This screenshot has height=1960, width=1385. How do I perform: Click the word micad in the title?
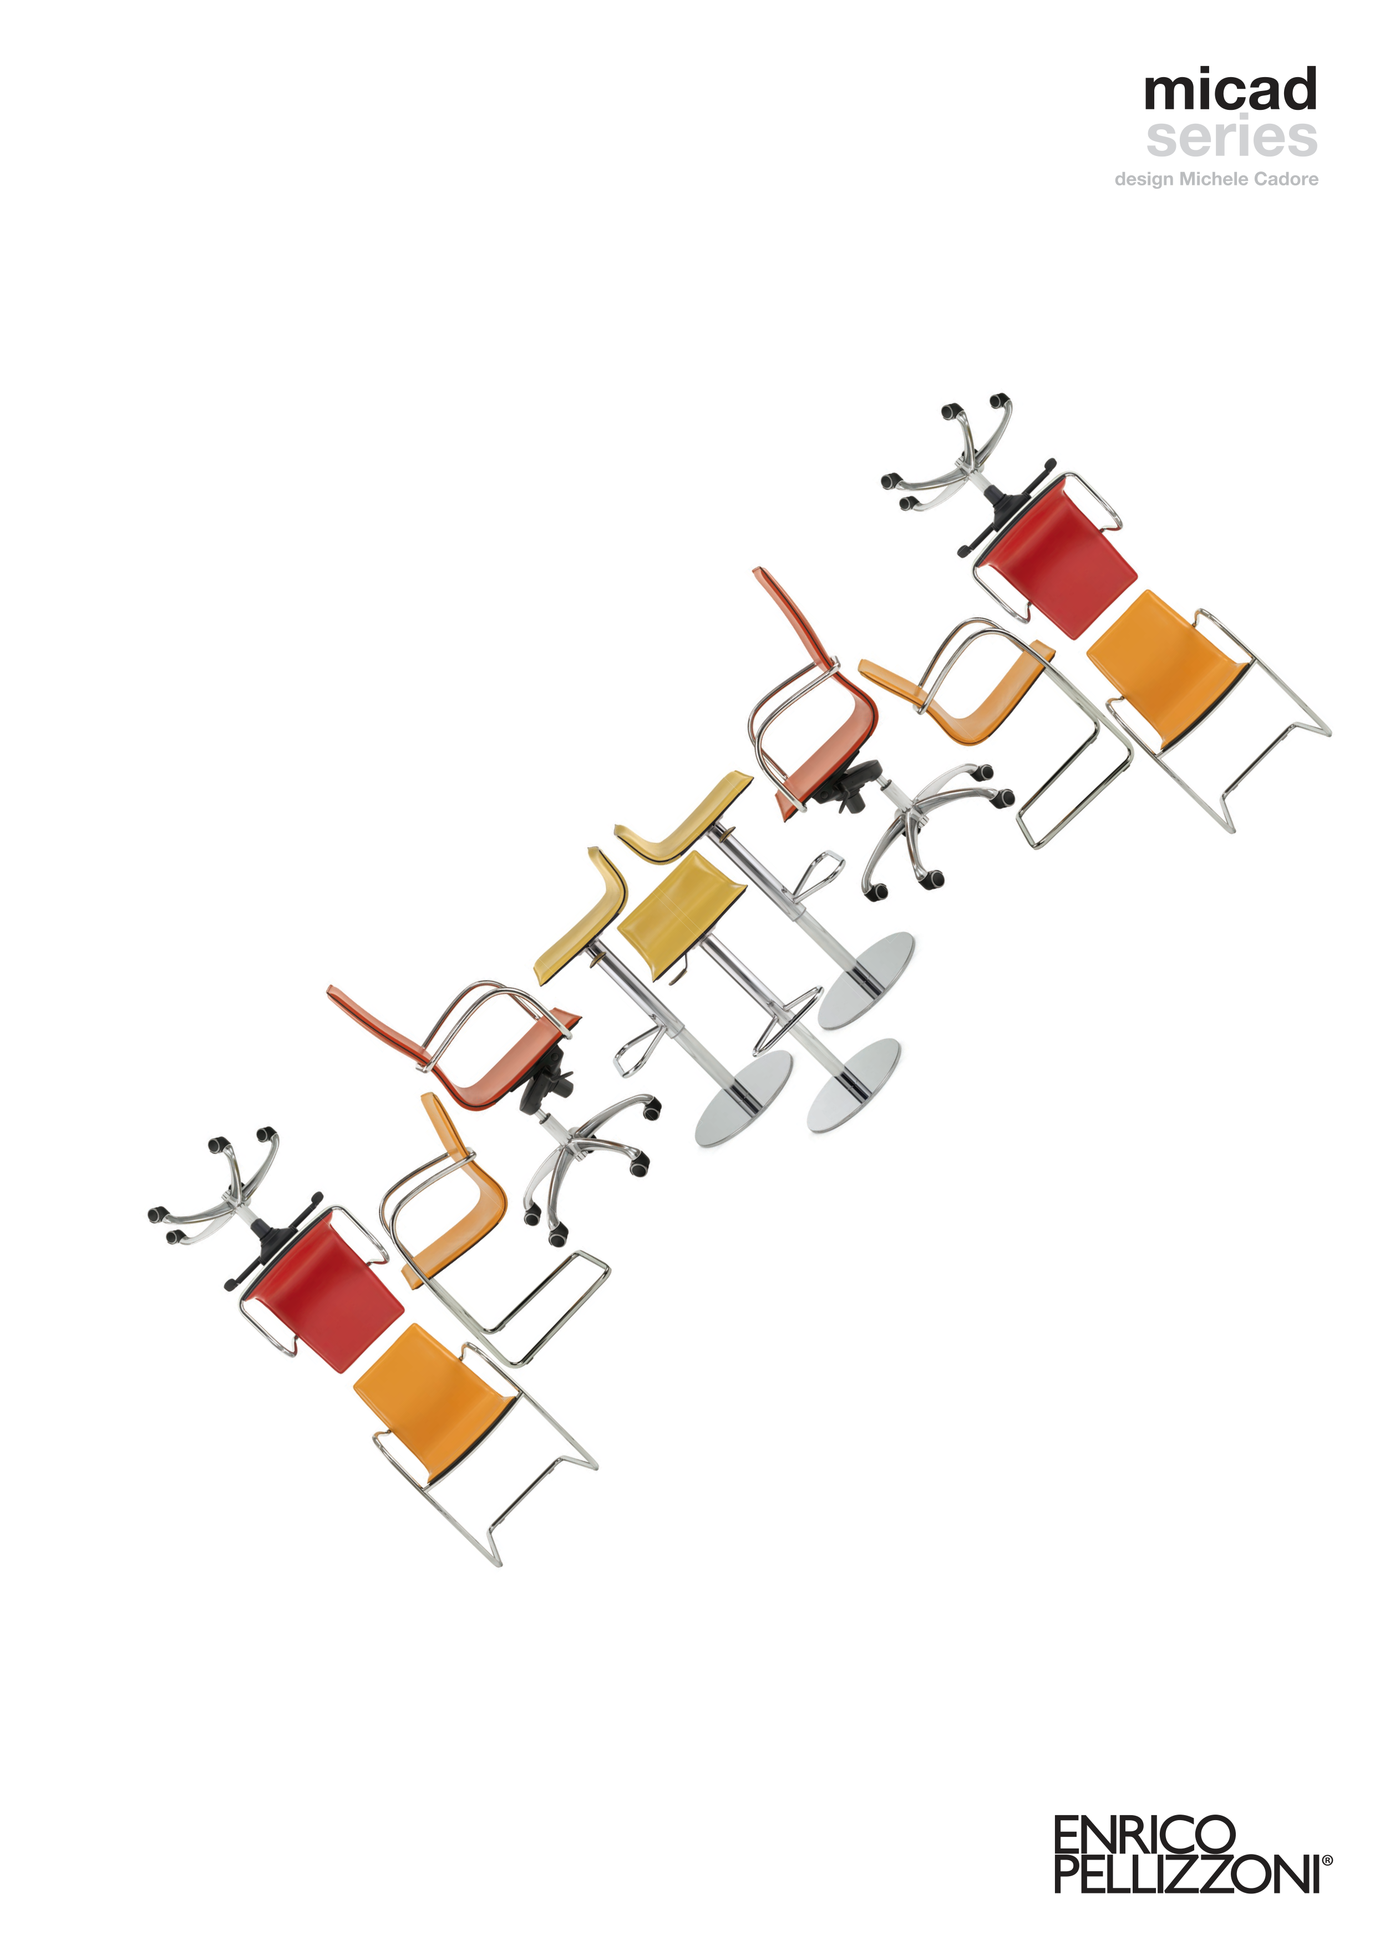pyautogui.click(x=1231, y=90)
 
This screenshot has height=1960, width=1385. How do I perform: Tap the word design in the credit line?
pyautogui.click(x=1144, y=180)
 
